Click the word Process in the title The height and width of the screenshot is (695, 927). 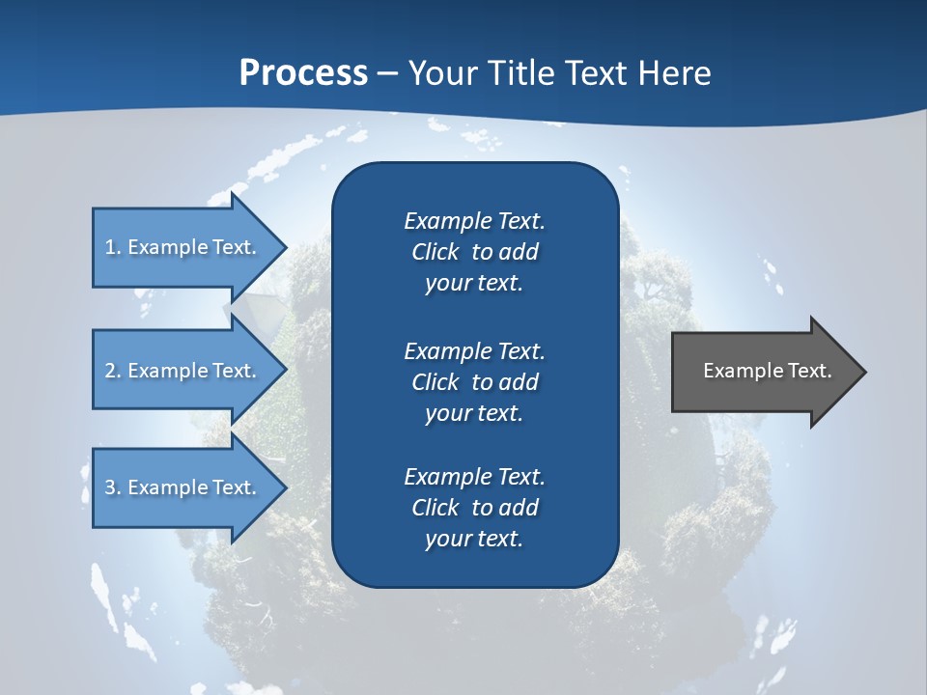coord(303,73)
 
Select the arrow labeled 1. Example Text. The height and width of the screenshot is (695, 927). coord(183,247)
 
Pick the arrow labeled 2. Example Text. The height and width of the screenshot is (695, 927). coord(183,371)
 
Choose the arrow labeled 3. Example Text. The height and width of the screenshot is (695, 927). coord(183,487)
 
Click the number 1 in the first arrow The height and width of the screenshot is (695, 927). coord(110,247)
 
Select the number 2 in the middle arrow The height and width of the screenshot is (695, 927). coord(110,371)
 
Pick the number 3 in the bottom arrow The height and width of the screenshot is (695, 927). coord(110,487)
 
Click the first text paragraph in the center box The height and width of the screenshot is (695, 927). coord(474,252)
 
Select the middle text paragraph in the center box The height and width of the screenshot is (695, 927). coord(474,382)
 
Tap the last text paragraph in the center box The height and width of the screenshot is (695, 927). coord(474,508)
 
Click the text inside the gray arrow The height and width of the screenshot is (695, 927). coord(767,371)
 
